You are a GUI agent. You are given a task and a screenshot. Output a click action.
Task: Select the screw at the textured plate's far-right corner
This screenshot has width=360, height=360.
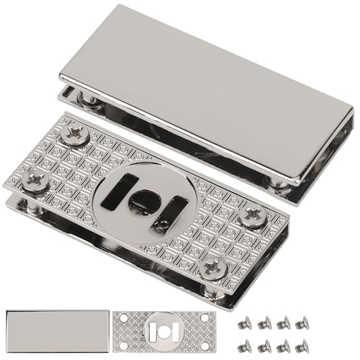coord(253,215)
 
